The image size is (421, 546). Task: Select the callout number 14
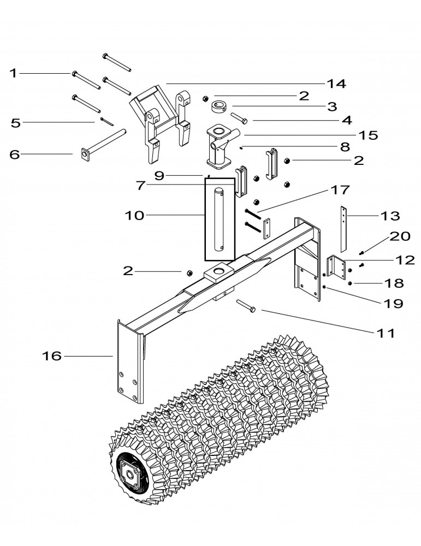[x=336, y=84]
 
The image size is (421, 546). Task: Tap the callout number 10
[x=134, y=215]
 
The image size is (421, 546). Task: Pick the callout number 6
[x=15, y=155]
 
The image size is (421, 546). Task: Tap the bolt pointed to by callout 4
[x=240, y=118]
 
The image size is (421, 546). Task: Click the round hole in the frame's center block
[x=221, y=271]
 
